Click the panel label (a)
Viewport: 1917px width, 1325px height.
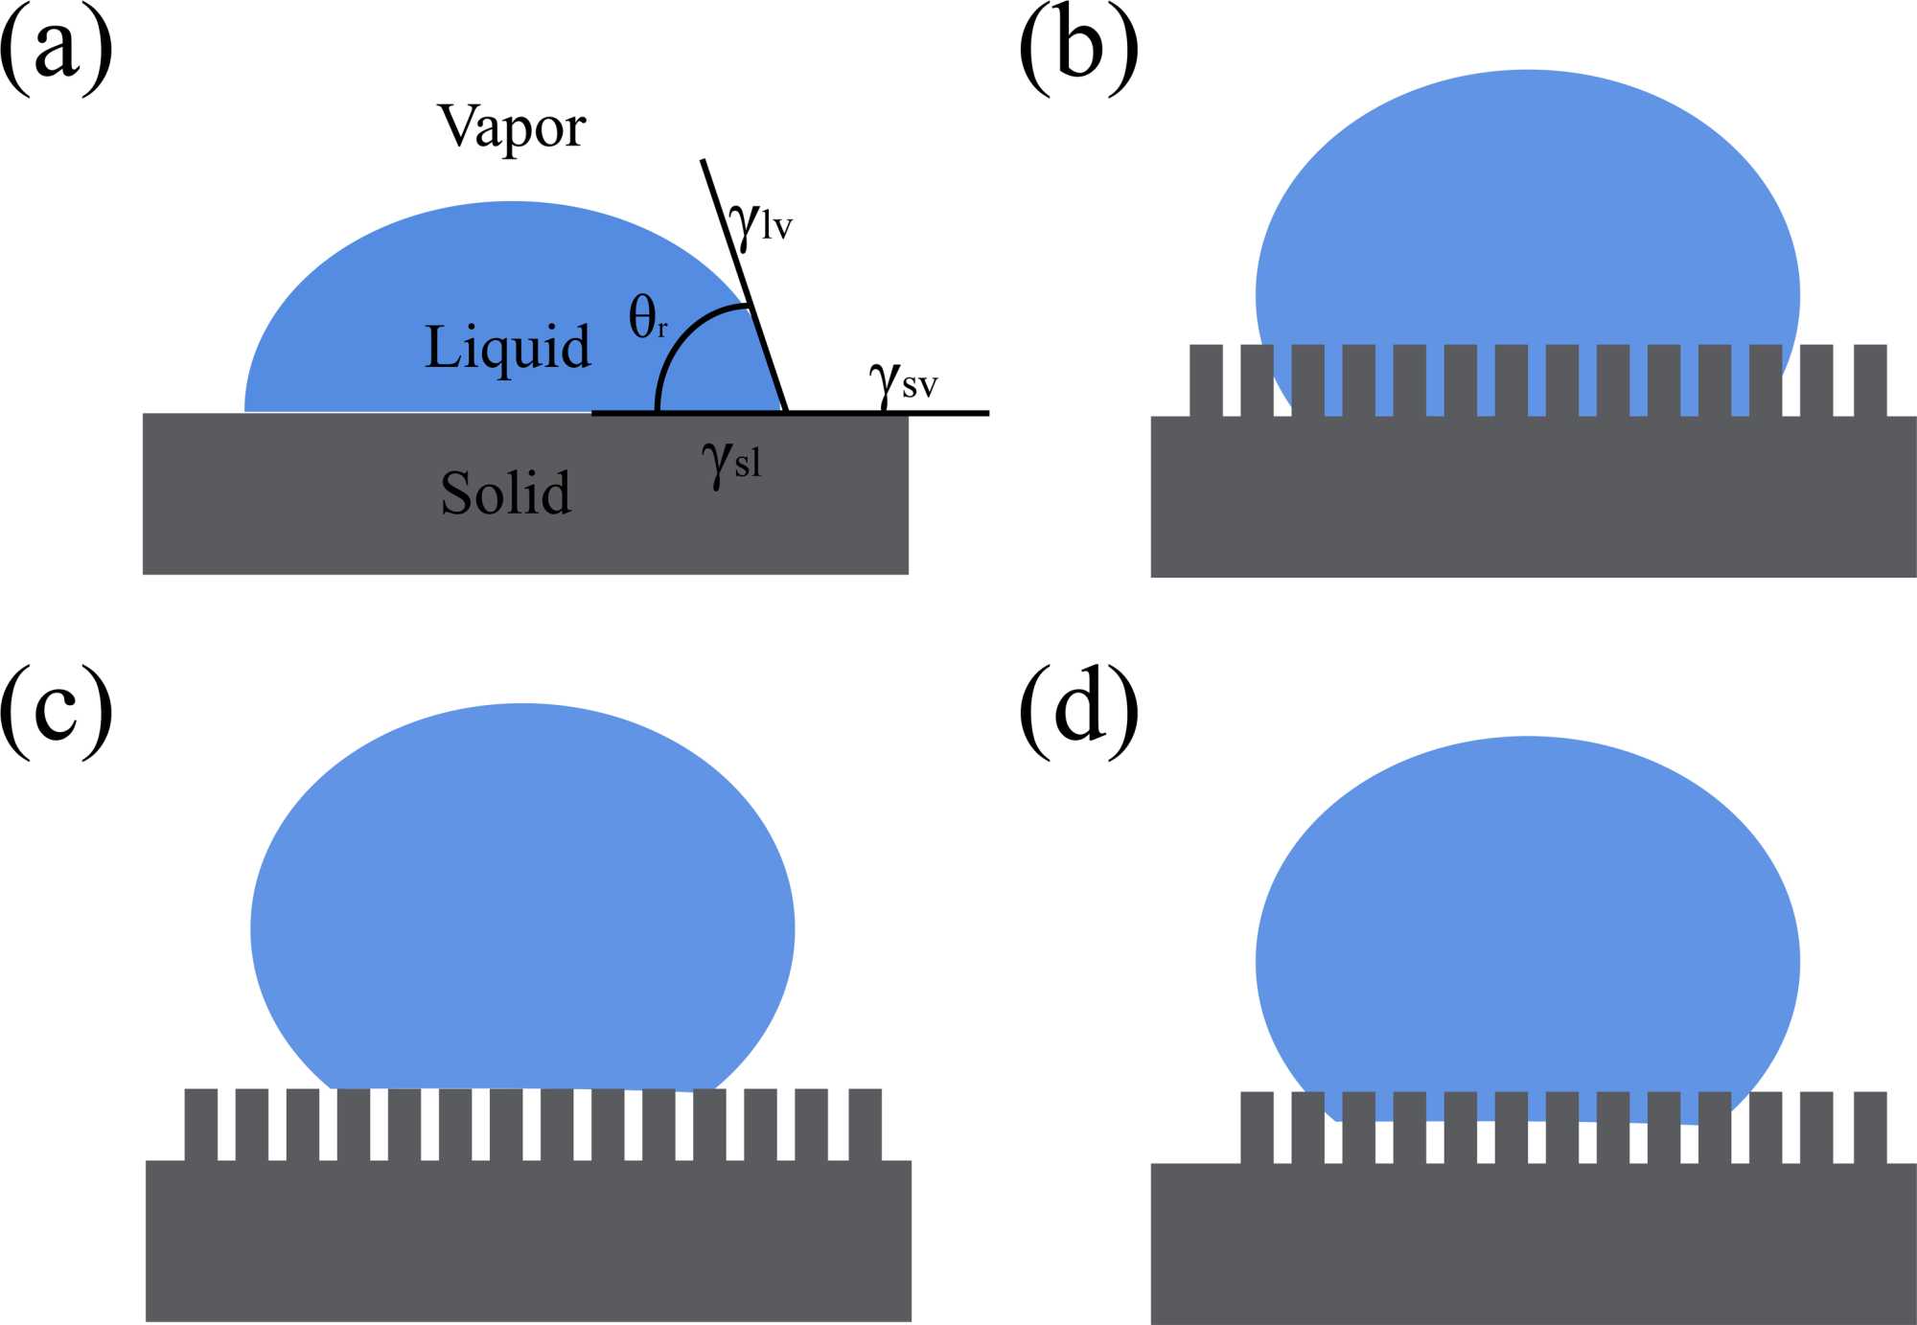pyautogui.click(x=56, y=50)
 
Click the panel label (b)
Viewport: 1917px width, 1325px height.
pyautogui.click(x=1078, y=50)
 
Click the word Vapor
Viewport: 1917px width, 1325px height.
pyautogui.click(x=511, y=127)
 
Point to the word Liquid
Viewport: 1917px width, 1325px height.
pyautogui.click(x=507, y=347)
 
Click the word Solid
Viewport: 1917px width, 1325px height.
pyautogui.click(x=505, y=493)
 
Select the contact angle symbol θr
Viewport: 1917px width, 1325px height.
pyautogui.click(x=647, y=317)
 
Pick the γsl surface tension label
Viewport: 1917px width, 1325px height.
pyautogui.click(x=731, y=463)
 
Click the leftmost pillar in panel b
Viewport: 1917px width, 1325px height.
pyautogui.click(x=1206, y=380)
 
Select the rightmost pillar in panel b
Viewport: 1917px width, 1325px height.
pyautogui.click(x=1870, y=380)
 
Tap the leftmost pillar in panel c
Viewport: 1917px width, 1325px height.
pyautogui.click(x=200, y=1124)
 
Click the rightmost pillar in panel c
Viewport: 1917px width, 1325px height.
pyautogui.click(x=865, y=1124)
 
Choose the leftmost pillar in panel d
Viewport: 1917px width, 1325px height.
pyautogui.click(x=1257, y=1127)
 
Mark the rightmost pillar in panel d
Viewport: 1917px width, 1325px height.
pyautogui.click(x=1870, y=1127)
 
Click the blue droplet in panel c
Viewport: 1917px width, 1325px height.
pyautogui.click(x=522, y=910)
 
